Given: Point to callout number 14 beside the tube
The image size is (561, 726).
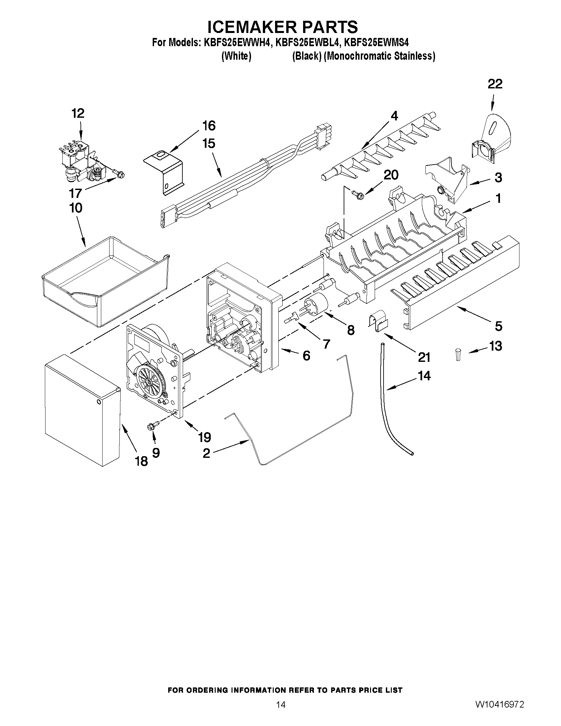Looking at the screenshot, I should pos(424,376).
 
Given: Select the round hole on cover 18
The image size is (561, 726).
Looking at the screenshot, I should pos(98,402).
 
